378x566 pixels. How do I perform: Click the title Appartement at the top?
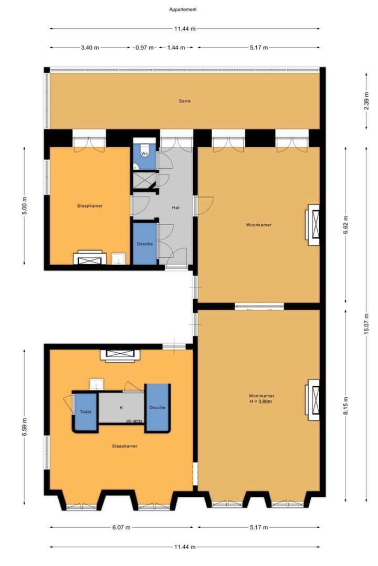pos(183,9)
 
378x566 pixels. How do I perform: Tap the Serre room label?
pos(184,101)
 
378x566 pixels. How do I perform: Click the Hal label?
pos(176,208)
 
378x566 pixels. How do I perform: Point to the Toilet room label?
pos(86,412)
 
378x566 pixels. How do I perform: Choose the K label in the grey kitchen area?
pos(121,407)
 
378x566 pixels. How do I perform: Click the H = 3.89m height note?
pos(261,401)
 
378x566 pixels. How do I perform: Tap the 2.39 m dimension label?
pos(368,101)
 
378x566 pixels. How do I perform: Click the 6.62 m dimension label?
pos(346,224)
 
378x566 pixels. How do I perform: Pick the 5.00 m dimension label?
pos(25,206)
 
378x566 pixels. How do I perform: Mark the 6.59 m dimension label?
pos(25,427)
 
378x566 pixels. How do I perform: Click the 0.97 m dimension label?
pos(144,48)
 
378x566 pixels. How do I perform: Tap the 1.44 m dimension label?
pos(176,48)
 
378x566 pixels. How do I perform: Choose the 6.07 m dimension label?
pos(121,527)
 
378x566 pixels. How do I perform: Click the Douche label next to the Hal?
pos(145,244)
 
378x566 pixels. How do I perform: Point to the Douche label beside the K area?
pos(157,408)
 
